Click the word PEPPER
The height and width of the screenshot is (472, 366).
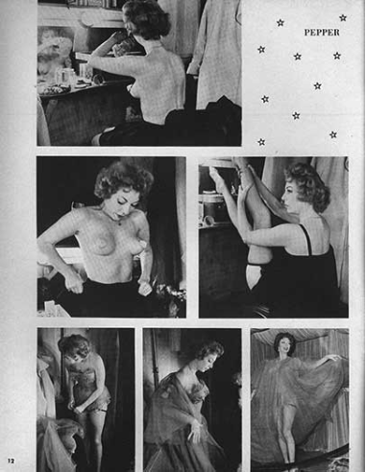[322, 33]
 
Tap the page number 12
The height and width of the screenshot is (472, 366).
[12, 460]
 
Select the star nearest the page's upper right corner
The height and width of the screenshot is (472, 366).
[343, 17]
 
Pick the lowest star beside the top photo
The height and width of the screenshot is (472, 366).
[261, 142]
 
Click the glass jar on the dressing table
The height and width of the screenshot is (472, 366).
[62, 76]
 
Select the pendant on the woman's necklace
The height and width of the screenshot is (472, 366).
[119, 223]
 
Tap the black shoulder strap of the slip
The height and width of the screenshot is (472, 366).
[308, 239]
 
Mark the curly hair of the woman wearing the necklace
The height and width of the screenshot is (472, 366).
[125, 180]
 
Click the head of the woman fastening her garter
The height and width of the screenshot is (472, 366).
[74, 346]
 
